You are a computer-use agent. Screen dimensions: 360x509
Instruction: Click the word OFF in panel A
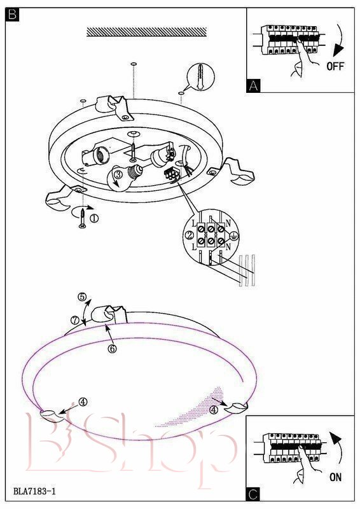(x=335, y=66)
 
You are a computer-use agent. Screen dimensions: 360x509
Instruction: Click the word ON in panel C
(x=335, y=477)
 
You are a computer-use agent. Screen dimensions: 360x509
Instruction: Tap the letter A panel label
(x=253, y=86)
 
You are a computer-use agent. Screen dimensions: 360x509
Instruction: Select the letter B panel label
(x=12, y=15)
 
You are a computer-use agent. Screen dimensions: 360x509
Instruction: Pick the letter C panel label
(x=253, y=494)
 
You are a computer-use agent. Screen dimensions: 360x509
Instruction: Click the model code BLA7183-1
(x=34, y=491)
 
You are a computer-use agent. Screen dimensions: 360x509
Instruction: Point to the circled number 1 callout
(x=94, y=218)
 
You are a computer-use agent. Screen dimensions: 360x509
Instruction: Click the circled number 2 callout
(x=190, y=235)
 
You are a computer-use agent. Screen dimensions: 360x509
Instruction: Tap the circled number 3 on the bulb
(x=118, y=174)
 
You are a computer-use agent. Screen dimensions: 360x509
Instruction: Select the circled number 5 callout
(x=82, y=296)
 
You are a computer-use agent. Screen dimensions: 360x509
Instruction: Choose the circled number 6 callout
(x=112, y=349)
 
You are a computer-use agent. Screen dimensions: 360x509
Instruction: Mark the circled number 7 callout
(x=75, y=320)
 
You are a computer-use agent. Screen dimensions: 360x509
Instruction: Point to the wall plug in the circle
(x=200, y=78)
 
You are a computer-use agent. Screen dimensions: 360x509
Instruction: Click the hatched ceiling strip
(x=147, y=32)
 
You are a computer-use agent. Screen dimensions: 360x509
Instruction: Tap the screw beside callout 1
(x=83, y=218)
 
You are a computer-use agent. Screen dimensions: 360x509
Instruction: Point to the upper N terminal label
(x=228, y=223)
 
